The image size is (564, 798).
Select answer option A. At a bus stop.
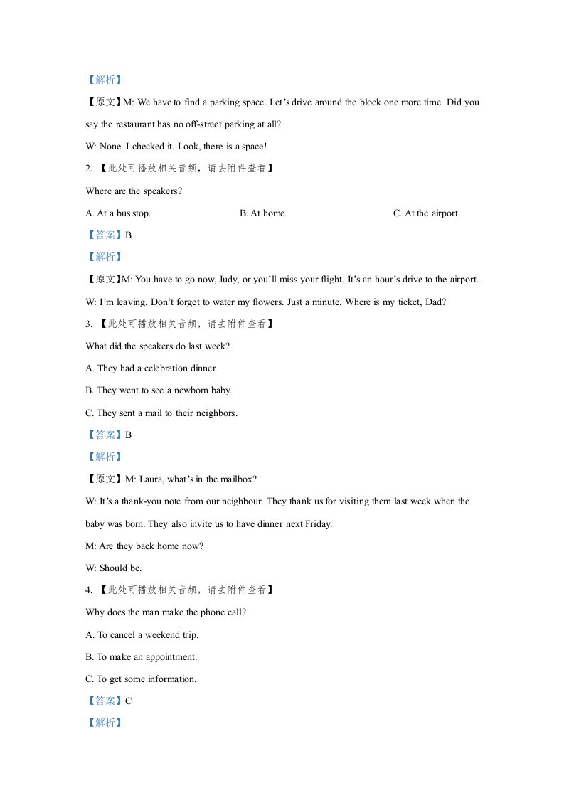click(118, 213)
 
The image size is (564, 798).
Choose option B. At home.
click(263, 213)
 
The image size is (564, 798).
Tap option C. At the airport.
click(427, 213)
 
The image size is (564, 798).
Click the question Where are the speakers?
click(134, 191)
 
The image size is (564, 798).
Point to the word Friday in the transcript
click(318, 523)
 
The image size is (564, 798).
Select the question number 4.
click(88, 590)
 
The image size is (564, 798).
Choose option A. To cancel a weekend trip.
click(142, 634)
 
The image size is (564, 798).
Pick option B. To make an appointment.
click(142, 656)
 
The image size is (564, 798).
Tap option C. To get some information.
click(141, 679)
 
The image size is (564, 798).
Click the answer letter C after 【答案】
click(129, 701)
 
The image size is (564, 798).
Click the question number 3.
click(88, 324)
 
